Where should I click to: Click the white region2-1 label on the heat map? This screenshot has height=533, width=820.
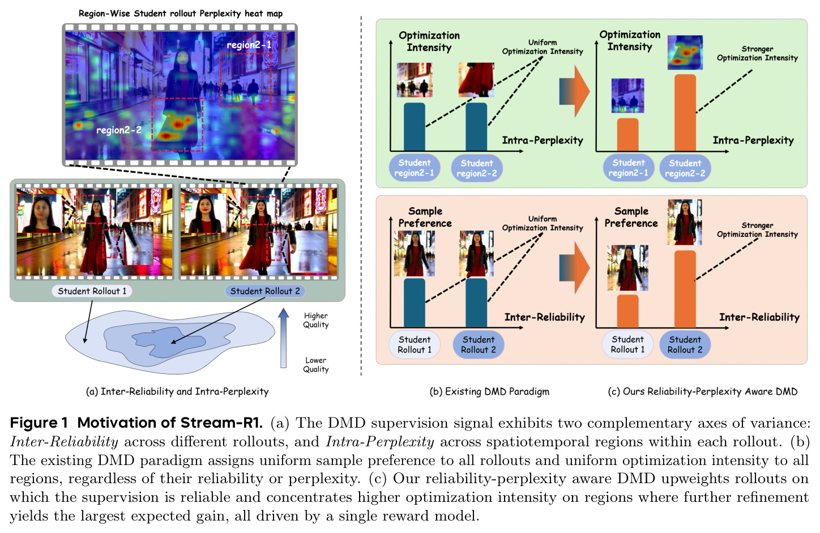tap(249, 45)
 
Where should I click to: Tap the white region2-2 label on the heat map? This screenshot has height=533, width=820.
tap(118, 130)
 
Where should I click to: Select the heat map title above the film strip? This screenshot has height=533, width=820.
tap(181, 14)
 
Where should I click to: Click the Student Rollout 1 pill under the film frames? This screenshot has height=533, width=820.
tap(92, 291)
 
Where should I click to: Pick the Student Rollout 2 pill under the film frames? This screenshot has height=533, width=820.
tap(264, 291)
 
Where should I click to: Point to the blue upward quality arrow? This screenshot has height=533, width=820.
tap(283, 338)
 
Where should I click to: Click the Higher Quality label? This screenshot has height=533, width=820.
tap(315, 320)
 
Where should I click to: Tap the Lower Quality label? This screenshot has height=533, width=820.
tap(315, 365)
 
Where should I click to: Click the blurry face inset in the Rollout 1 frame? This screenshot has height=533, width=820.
tap(40, 214)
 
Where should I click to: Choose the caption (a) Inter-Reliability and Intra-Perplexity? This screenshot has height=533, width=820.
tap(177, 391)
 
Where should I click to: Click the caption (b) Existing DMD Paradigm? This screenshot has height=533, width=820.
tap(489, 391)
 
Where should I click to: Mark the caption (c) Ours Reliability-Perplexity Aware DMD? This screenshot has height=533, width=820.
tap(702, 391)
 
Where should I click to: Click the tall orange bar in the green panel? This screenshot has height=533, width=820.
tap(685, 113)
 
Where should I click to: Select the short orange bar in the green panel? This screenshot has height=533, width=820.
tap(628, 135)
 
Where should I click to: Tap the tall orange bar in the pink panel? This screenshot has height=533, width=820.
tap(685, 289)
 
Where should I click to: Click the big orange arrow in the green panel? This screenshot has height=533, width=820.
tap(574, 92)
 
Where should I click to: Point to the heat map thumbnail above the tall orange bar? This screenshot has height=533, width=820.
tap(685, 52)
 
